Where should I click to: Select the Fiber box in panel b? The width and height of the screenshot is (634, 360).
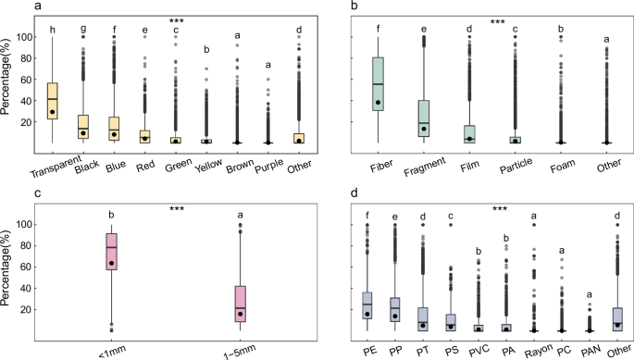tap(379, 84)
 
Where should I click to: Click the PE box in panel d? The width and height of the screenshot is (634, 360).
tap(367, 305)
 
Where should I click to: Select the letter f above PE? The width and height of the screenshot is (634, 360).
tap(367, 217)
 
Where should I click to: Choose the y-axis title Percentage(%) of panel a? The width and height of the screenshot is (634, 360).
tap(10, 88)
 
